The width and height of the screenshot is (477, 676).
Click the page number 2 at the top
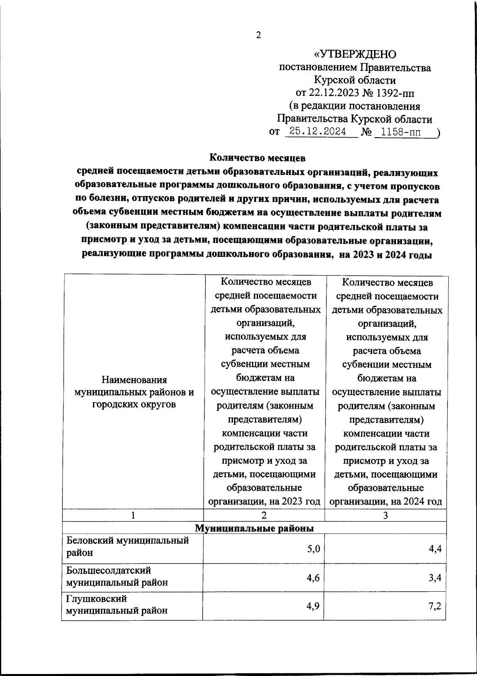tap(258, 35)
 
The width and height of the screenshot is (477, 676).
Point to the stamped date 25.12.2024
tap(318, 132)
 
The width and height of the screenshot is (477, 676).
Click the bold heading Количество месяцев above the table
tap(257, 158)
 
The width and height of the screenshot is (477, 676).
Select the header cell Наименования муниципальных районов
tap(134, 392)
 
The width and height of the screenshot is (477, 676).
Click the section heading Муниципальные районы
tap(254, 528)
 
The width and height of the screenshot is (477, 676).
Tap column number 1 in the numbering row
tap(133, 515)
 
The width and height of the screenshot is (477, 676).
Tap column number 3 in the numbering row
tap(385, 515)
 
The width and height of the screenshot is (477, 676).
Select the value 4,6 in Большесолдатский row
tap(313, 578)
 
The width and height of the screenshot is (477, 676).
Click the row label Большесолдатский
tap(109, 570)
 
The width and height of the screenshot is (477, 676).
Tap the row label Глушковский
tap(96, 598)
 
